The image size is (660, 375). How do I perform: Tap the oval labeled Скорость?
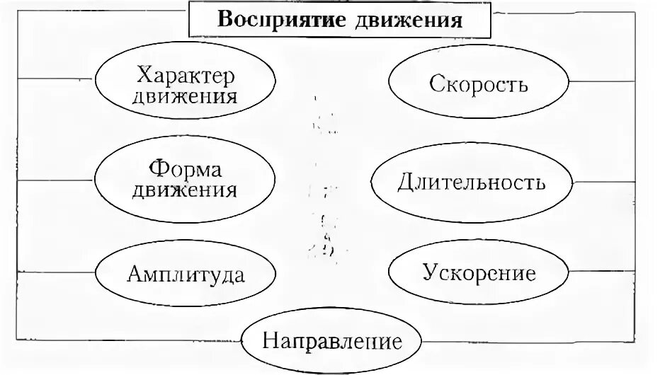[478, 84]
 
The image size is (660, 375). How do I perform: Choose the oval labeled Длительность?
[471, 183]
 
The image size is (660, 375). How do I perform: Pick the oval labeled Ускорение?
[478, 272]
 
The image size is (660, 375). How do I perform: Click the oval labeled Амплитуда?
[186, 274]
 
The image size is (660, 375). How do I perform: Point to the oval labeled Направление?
[332, 343]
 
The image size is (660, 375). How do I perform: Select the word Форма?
[186, 171]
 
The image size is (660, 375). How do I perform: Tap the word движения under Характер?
[186, 96]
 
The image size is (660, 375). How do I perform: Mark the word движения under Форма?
[186, 190]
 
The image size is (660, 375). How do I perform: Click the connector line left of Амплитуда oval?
[57, 271]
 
